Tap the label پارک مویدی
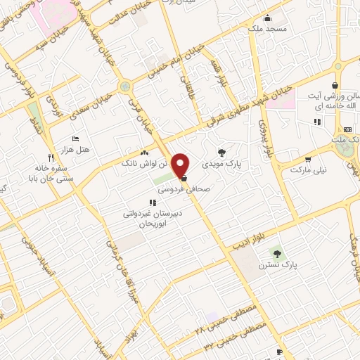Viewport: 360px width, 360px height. click(x=222, y=164)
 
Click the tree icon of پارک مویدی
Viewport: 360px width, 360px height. click(x=222, y=151)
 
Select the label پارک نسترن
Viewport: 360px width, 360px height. click(x=275, y=265)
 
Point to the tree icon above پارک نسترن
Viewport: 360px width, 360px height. click(x=275, y=253)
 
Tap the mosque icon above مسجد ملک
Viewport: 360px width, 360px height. click(x=266, y=18)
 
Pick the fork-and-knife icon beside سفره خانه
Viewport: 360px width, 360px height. click(x=51, y=157)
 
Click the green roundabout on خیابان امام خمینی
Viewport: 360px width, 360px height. click(x=125, y=86)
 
